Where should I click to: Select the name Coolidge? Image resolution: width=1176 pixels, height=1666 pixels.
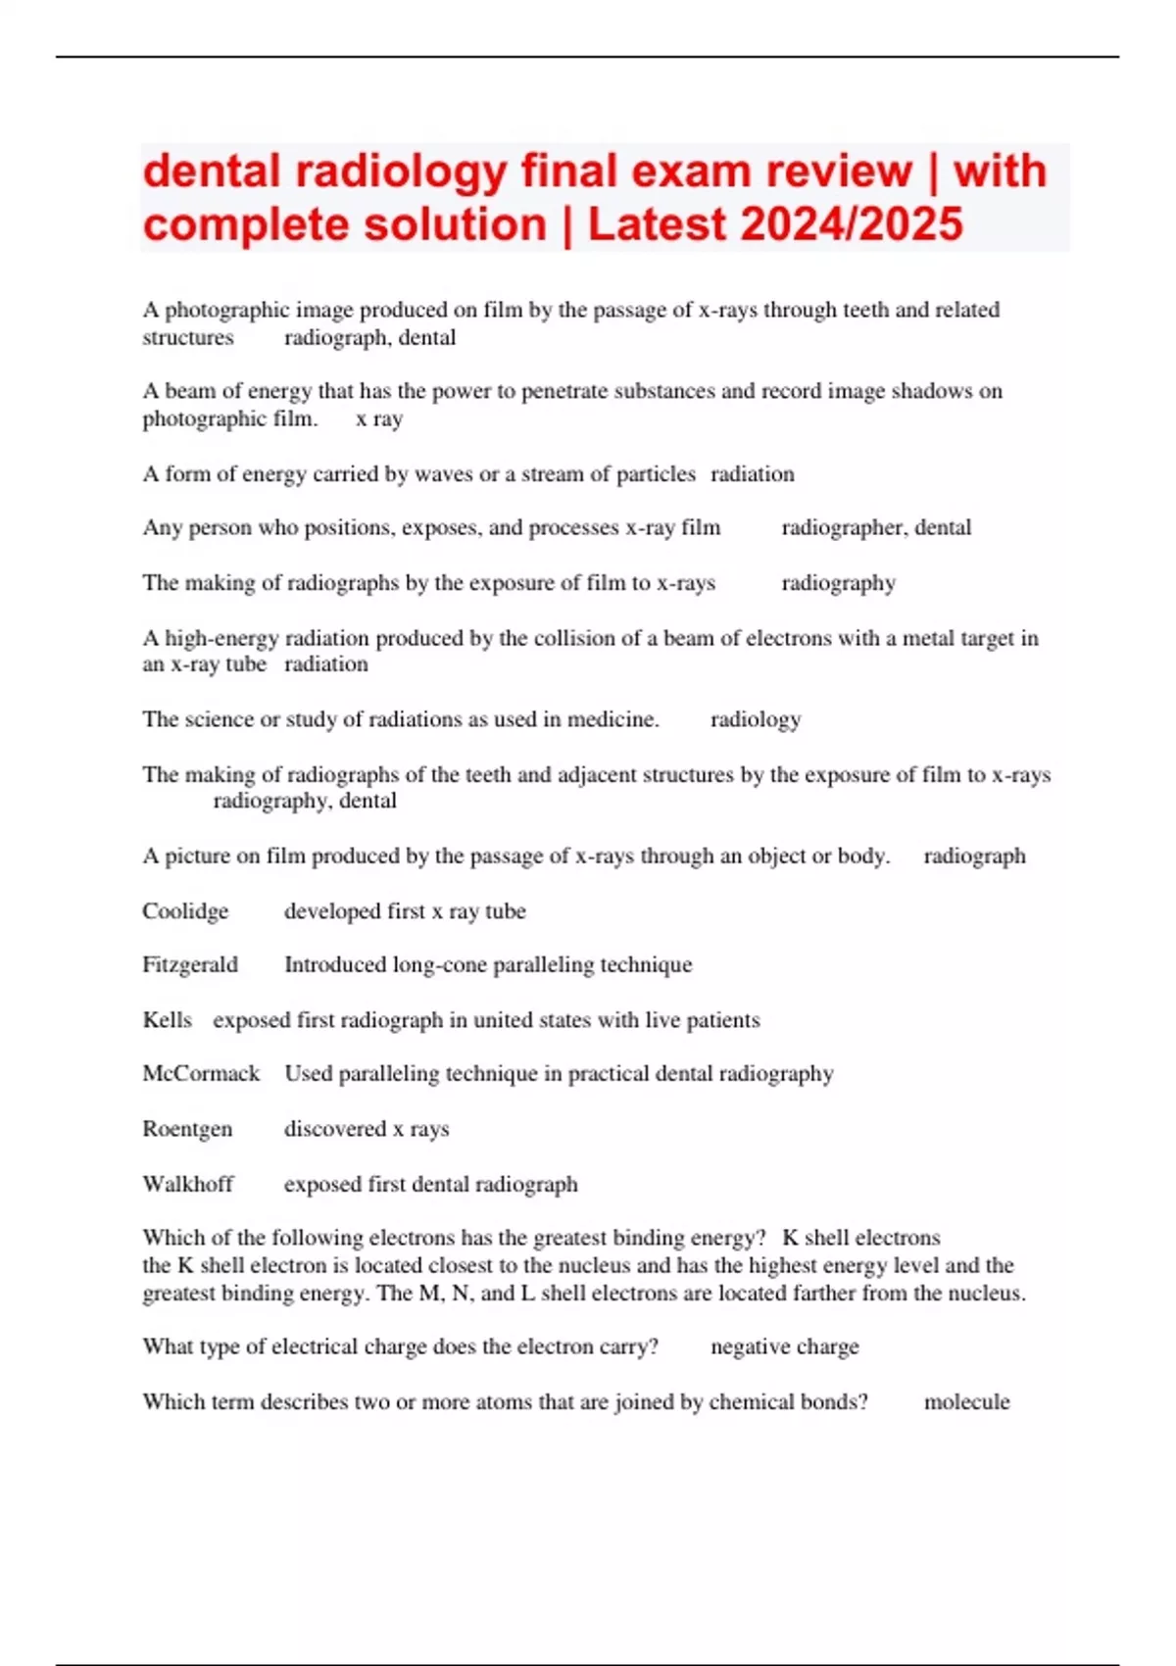click(185, 911)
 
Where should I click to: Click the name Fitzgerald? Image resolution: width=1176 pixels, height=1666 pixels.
click(190, 965)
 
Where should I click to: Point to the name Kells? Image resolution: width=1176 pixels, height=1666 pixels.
click(167, 1020)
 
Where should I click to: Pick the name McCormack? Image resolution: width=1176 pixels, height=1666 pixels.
click(201, 1074)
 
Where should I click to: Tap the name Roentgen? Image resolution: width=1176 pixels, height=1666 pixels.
click(187, 1129)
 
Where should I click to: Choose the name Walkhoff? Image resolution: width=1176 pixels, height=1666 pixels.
click(188, 1184)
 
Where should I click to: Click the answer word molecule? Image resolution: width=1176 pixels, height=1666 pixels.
click(966, 1402)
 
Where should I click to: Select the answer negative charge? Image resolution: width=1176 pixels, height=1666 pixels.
click(784, 1347)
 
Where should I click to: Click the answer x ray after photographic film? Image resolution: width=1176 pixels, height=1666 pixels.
click(379, 419)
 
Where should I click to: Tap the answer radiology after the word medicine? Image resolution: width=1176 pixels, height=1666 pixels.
click(756, 720)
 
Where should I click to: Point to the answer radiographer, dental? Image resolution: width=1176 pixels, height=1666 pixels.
click(876, 528)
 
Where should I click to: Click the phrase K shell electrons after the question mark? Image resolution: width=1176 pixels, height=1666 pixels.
click(861, 1238)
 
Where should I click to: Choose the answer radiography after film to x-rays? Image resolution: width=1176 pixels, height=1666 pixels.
click(838, 583)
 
